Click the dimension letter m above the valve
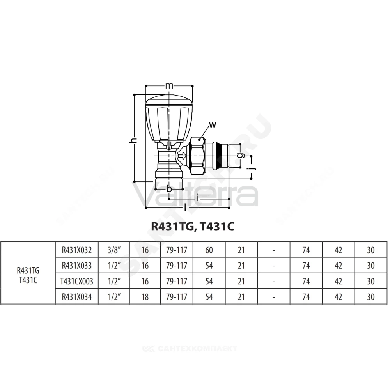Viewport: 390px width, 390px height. pos(169,86)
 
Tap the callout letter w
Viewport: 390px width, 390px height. pos(213,125)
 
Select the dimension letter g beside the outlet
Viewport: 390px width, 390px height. pos(240,156)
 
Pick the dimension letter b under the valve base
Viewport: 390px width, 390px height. pos(169,189)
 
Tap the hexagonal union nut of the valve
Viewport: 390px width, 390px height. pos(198,156)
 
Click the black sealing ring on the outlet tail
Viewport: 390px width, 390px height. pos(219,156)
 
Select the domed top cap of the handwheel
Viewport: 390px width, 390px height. pos(169,101)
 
